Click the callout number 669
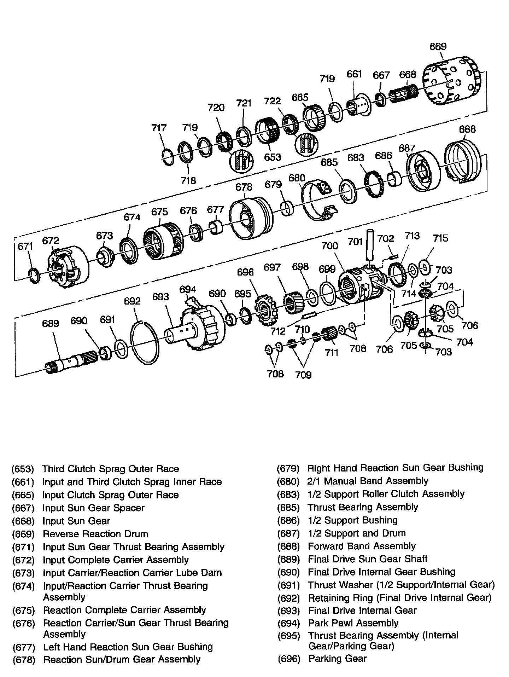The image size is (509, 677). point(438,46)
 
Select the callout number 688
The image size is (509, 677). point(467,129)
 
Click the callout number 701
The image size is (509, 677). point(355,242)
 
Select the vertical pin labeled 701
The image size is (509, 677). point(370,248)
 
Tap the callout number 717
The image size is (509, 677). point(159,127)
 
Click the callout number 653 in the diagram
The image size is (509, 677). point(273,157)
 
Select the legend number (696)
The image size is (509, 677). point(288,659)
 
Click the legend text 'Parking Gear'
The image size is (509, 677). point(337,659)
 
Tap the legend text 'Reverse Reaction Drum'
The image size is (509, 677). point(95,534)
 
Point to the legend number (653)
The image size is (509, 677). point(23,469)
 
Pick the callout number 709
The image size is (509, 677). point(303,375)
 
